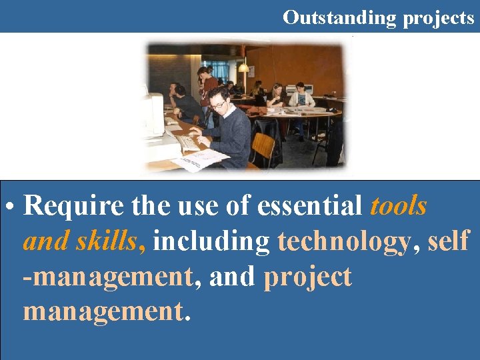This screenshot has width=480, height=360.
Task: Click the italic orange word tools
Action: (x=398, y=207)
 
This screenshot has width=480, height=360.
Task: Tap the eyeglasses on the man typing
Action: (x=218, y=105)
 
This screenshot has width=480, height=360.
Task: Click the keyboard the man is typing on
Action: (x=188, y=141)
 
